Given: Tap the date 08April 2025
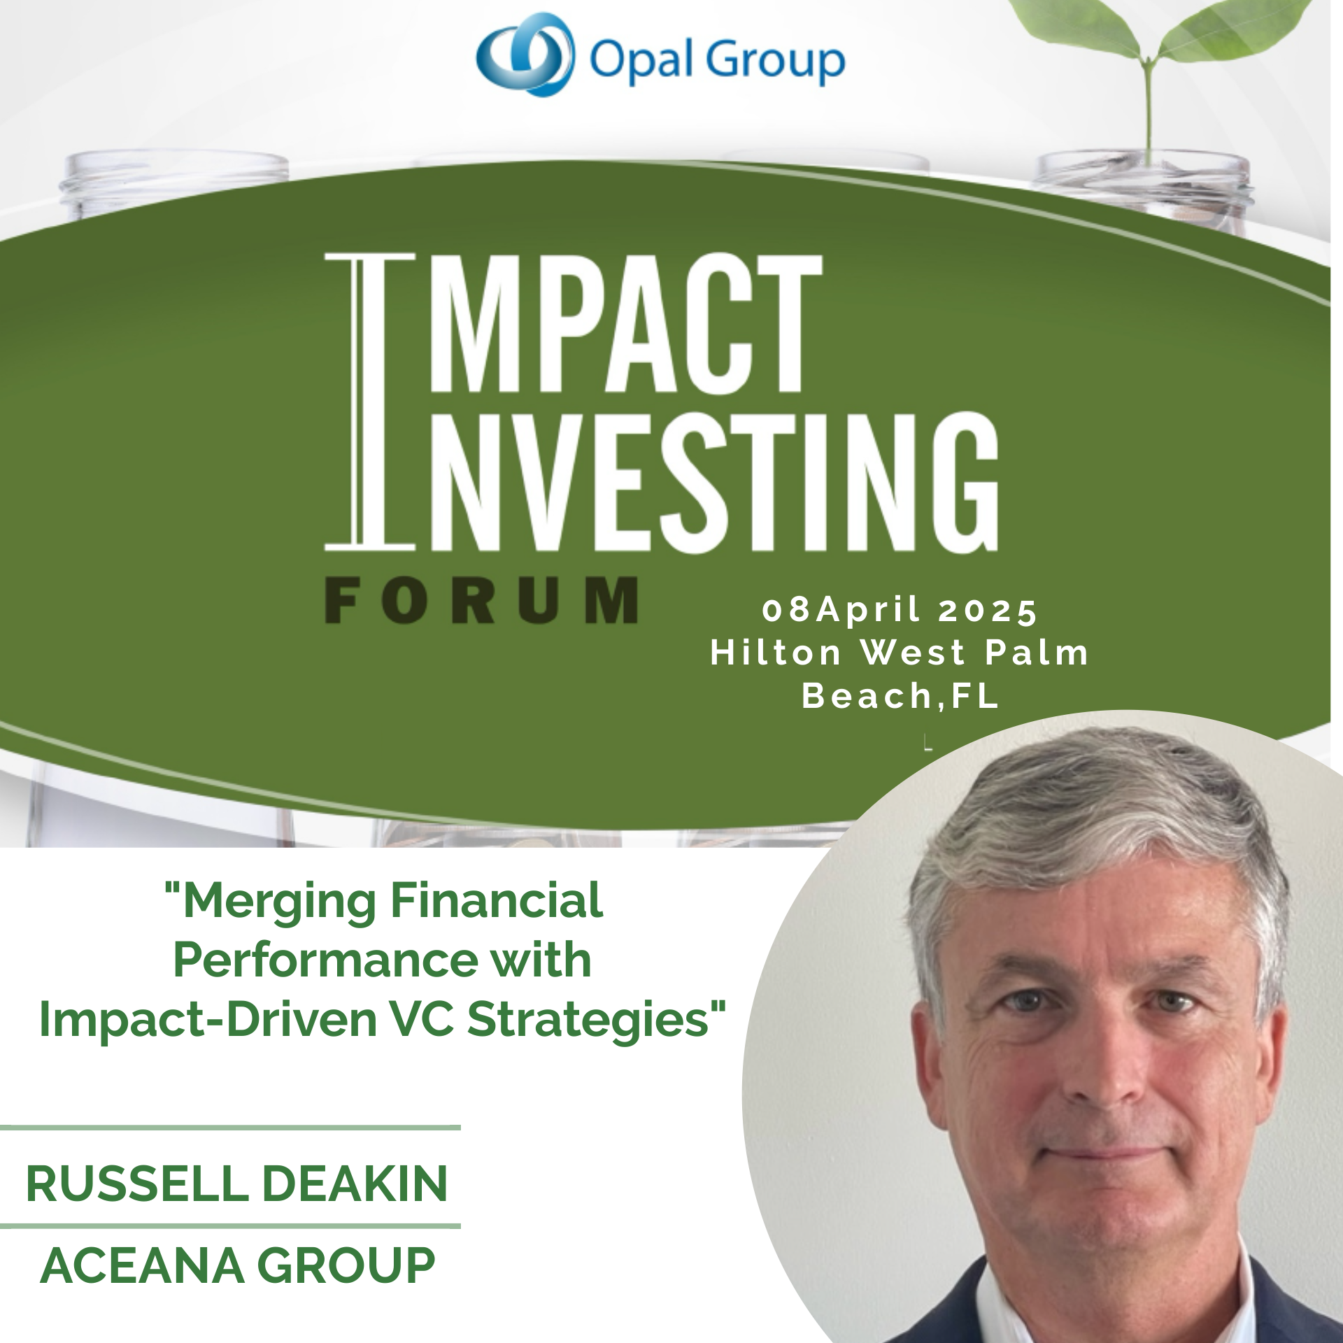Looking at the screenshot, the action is click(900, 611).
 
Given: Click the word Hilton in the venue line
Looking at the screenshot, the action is click(776, 653).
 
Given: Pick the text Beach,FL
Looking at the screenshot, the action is click(900, 697).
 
